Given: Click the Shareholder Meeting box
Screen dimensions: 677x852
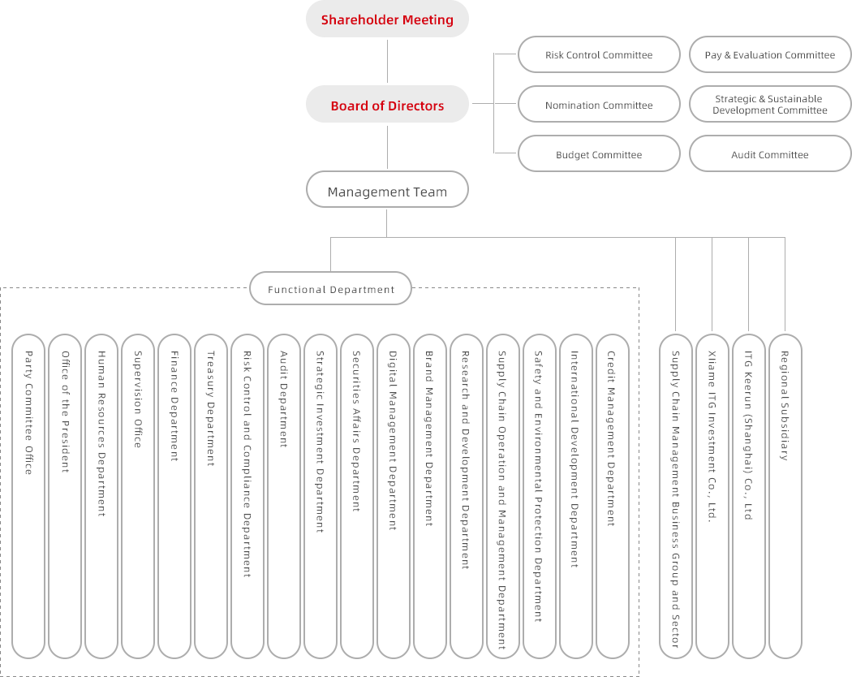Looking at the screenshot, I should point(387,19).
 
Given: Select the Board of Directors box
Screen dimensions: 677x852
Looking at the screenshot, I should point(387,106).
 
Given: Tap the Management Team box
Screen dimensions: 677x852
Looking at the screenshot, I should point(387,192).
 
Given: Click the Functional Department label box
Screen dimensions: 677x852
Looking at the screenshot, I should point(330,289).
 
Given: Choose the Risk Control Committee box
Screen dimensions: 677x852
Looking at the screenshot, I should point(599,55).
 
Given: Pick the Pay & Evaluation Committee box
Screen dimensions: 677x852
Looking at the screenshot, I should point(769,55).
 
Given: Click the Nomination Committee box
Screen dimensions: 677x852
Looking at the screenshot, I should point(599,105).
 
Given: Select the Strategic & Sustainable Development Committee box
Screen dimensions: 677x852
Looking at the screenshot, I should point(769,105).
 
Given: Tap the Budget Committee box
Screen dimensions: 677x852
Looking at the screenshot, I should point(599,154).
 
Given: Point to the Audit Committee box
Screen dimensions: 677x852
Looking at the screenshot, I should point(769,154).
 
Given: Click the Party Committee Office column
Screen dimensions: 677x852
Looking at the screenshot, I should point(28,495).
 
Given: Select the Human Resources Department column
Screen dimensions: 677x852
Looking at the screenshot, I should point(101,495).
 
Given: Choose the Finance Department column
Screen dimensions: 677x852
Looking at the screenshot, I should point(174,495).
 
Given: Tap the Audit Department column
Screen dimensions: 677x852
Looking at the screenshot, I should point(284,495).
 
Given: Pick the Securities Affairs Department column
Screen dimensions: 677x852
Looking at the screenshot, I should point(357,495).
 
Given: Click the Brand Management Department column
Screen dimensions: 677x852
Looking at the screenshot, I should point(430,495).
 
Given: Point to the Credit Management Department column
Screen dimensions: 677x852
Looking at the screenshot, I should point(613,495).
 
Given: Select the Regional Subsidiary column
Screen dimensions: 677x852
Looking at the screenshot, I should point(785,495).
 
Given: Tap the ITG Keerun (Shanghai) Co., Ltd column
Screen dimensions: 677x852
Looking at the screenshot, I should point(748,495).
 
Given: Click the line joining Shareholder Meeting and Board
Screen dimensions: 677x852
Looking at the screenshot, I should point(387,63).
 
